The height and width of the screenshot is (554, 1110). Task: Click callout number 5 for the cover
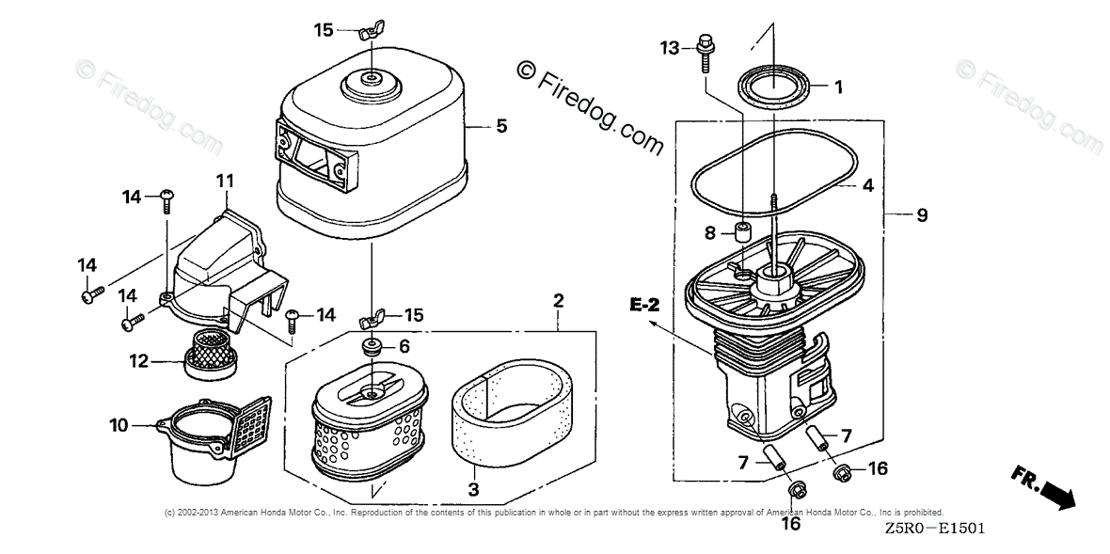click(501, 125)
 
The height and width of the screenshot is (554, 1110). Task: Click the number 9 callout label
click(922, 215)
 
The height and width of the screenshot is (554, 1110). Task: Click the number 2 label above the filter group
click(558, 301)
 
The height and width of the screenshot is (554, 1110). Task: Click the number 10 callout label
click(119, 426)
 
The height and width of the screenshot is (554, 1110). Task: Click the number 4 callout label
click(867, 186)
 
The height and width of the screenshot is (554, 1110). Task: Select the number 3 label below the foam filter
click(473, 489)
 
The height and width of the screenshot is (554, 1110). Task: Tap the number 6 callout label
click(404, 346)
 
